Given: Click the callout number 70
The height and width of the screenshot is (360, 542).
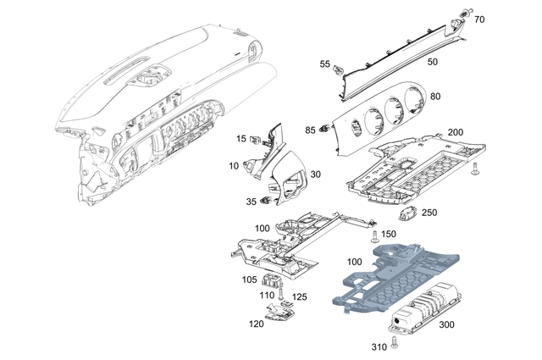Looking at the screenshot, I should point(479,19).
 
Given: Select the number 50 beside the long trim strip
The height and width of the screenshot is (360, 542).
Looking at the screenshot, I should point(432,62).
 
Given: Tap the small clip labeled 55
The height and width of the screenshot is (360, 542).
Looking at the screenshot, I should point(337,66).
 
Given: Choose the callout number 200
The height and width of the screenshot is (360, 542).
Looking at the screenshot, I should point(455,133).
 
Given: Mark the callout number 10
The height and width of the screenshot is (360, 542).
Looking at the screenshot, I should point(234,166).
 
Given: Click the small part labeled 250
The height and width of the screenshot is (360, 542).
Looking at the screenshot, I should point(411,213).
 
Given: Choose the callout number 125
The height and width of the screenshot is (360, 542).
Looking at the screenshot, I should point(299,296).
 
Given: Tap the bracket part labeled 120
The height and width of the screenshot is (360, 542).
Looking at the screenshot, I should point(277,314).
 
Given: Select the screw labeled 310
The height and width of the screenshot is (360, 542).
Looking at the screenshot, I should point(395,342).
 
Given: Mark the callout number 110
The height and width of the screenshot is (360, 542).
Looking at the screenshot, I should point(267,294).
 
